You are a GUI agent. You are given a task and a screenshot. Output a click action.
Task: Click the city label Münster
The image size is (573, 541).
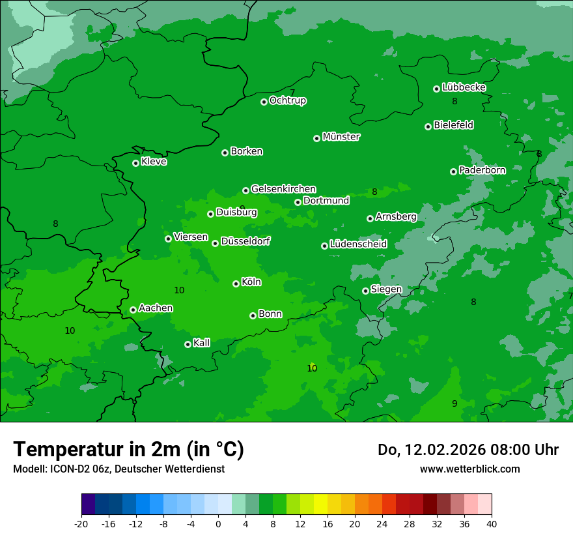tap(341, 137)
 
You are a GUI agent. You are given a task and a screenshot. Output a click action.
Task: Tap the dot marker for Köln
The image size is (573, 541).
tap(236, 284)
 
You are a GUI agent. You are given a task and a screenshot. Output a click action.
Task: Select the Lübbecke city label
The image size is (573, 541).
tap(464, 87)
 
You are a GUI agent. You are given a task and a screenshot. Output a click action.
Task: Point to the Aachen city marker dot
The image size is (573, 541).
tap(133, 310)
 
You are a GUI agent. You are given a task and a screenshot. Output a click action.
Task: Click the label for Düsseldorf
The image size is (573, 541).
tap(245, 241)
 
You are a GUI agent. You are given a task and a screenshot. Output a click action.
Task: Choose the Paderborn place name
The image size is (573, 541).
tap(482, 170)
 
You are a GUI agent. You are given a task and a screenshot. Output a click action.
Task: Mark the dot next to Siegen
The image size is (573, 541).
tap(365, 291)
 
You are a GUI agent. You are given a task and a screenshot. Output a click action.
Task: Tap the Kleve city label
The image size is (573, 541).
tap(154, 162)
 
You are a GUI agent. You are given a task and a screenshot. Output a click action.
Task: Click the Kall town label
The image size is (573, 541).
tap(202, 343)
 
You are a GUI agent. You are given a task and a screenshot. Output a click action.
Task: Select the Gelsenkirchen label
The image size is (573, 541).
tap(283, 189)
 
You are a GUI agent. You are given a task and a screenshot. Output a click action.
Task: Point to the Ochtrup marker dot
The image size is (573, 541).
tap(264, 102)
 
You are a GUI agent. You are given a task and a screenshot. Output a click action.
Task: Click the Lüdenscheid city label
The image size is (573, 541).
tap(359, 244)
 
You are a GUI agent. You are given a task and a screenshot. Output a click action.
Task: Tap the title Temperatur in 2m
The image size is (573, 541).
tap(129, 450)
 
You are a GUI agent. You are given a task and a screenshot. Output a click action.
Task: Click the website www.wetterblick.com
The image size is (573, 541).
tap(470, 469)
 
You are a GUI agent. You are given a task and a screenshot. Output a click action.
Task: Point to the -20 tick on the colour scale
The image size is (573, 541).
tap(81, 523)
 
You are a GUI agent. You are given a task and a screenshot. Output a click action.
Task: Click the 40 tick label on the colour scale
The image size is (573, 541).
tap(492, 523)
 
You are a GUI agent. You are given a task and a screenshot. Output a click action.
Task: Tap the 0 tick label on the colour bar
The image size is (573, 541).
tap(218, 523)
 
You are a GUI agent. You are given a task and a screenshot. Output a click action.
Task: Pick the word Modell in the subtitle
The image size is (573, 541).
tap(28, 469)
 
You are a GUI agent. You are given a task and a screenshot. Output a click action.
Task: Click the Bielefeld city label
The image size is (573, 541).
tap(454, 125)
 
